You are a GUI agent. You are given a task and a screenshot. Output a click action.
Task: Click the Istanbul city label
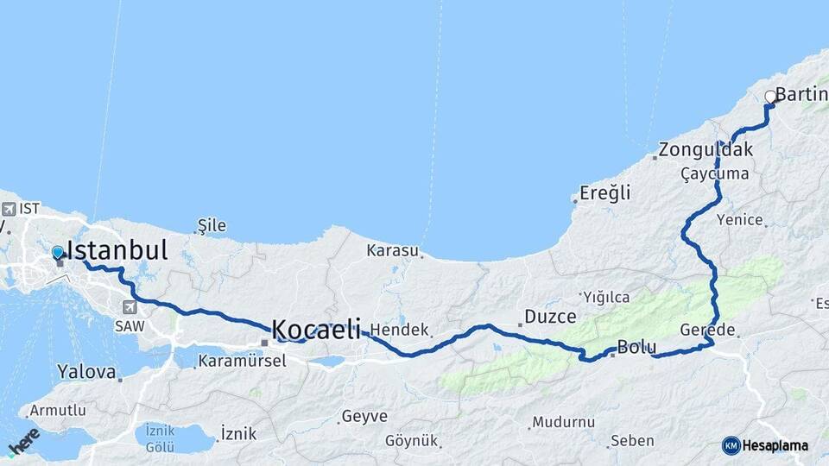117,251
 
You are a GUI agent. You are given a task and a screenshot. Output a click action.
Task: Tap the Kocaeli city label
316,329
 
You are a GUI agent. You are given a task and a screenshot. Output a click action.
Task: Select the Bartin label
801,94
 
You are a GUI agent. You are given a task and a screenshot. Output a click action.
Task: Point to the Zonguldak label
705,150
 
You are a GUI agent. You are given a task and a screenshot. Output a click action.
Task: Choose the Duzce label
550,317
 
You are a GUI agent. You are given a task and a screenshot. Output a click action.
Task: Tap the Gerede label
707,330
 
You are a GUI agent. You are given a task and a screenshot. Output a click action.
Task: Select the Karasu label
393,251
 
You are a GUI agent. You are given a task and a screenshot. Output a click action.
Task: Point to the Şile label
212,226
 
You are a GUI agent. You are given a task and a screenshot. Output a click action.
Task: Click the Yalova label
86,373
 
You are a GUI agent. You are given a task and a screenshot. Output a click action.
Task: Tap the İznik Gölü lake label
161,437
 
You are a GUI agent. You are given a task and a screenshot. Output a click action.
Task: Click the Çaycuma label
714,174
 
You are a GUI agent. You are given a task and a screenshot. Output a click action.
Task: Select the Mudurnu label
563,422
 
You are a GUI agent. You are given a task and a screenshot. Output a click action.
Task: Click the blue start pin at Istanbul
58,253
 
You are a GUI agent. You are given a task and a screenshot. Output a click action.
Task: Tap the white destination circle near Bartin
770,98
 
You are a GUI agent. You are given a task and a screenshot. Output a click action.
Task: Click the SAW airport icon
130,307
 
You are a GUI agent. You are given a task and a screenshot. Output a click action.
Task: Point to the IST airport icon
9,209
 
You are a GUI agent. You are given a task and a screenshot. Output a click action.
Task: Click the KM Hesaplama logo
765,445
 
